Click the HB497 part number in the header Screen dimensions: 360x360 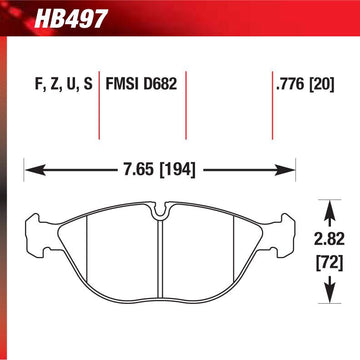click(x=71, y=19)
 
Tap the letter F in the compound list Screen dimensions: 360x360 click(x=39, y=85)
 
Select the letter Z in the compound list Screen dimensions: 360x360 click(x=55, y=85)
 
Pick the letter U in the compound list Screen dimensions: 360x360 click(x=71, y=85)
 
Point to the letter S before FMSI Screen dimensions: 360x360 click(x=88, y=84)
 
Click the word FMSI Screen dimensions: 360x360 click(x=123, y=84)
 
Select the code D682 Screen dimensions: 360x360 click(x=160, y=84)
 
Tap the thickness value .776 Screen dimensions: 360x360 click(x=290, y=85)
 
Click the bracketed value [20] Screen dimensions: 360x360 click(x=321, y=85)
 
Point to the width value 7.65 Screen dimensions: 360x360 click(x=137, y=170)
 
